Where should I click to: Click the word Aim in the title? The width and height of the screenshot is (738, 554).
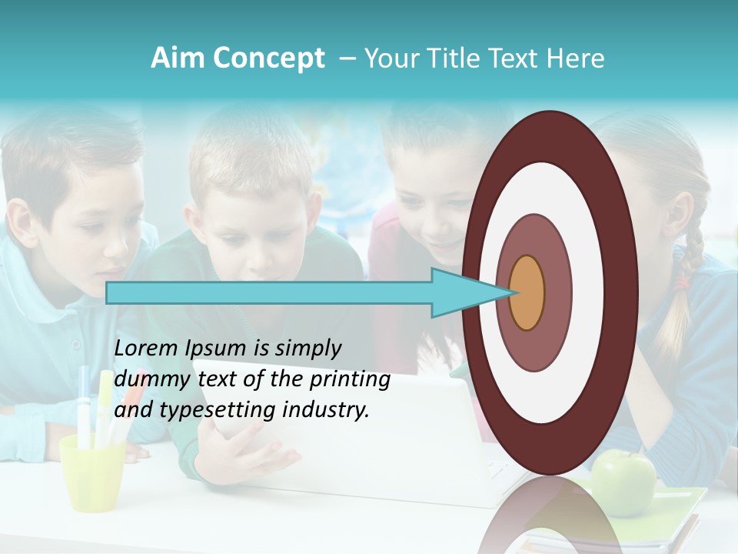pos(176,58)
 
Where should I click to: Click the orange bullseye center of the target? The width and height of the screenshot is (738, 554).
pos(527,292)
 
